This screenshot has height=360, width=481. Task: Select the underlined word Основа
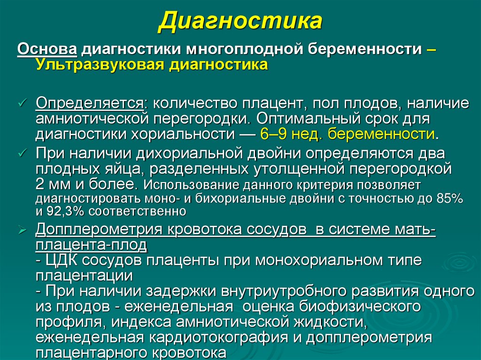pos(47,49)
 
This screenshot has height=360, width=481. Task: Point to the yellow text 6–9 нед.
pos(292,134)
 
